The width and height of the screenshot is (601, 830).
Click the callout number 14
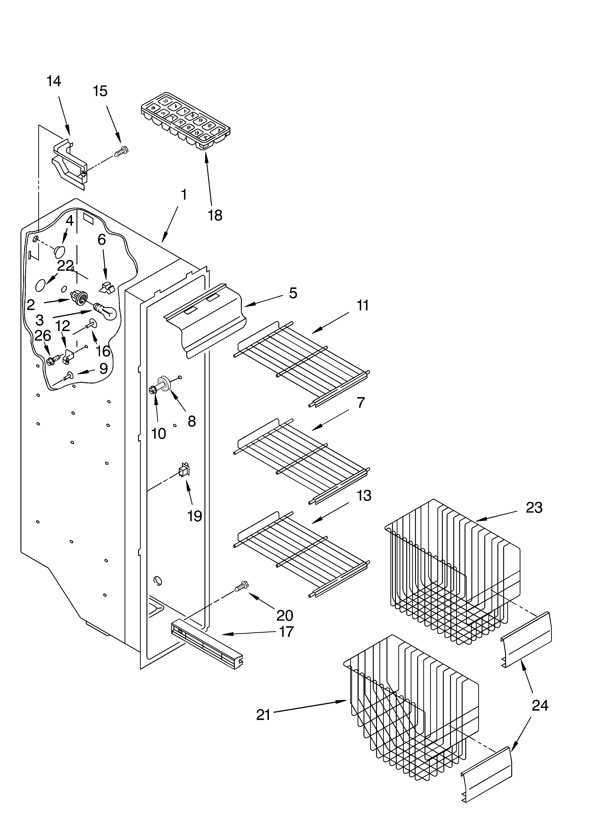tap(54, 81)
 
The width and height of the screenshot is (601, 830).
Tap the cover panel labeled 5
tap(205, 315)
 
